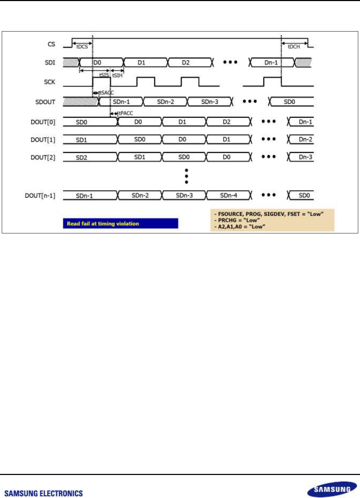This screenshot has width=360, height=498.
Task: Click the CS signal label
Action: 51,44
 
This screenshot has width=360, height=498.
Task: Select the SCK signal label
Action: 50,82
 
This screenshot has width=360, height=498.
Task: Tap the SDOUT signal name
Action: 45,102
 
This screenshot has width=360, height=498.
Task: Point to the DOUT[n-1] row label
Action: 40,196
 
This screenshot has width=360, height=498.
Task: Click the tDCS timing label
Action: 82,47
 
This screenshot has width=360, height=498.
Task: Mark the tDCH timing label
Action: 294,47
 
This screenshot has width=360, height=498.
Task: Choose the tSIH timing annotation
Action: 117,75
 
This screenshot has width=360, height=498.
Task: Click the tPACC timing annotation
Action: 126,113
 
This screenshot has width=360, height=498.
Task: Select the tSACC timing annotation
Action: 106,93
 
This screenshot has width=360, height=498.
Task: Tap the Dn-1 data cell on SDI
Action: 271,63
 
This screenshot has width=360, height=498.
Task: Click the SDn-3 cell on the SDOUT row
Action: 210,102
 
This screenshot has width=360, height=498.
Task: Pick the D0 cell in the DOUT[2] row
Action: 227,157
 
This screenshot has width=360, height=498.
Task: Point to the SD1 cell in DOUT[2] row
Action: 139,157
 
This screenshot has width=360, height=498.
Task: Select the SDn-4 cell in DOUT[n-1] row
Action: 228,196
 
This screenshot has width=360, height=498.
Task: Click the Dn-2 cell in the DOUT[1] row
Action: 305,139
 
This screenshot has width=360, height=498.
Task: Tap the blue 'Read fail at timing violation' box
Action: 120,223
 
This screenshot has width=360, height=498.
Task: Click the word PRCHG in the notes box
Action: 227,220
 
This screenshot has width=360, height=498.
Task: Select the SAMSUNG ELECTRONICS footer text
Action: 44,493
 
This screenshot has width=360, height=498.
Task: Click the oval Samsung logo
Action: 332,489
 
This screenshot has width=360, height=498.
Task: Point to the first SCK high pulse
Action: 102,82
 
